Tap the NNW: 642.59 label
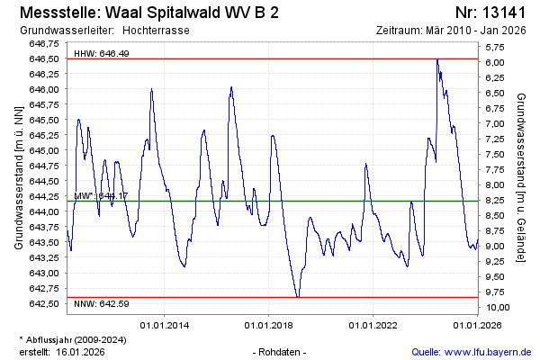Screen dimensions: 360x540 tap(101, 303)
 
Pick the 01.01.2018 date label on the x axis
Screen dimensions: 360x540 tap(269, 324)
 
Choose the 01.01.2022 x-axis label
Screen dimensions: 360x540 tap(373, 324)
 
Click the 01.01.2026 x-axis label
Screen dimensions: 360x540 tap(477, 324)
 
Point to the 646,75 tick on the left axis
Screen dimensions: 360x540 tap(45, 43)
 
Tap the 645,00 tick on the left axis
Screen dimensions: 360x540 tap(45, 150)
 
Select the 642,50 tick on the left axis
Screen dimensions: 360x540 tap(45, 303)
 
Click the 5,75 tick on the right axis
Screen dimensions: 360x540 tap(495, 47)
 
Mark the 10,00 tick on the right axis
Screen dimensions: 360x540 tap(497, 307)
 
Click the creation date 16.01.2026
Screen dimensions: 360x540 tap(80, 351)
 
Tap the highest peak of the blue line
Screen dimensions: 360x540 tap(437, 60)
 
